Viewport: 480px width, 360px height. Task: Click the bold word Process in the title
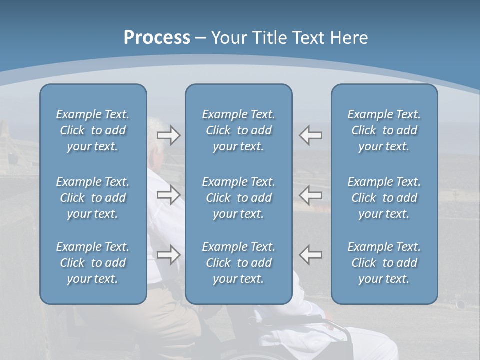(x=157, y=38)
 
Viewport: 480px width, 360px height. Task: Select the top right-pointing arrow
(x=169, y=135)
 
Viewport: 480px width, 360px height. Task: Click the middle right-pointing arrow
(x=169, y=195)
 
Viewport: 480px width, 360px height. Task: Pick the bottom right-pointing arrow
(x=169, y=254)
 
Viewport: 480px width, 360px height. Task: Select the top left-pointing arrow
(x=311, y=135)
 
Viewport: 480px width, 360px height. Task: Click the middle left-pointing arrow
(x=311, y=195)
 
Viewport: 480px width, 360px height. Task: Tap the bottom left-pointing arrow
(x=311, y=254)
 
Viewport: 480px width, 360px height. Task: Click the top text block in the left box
(x=93, y=130)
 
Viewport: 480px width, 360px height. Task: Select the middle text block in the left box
(x=93, y=198)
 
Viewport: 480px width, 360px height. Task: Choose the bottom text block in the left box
(x=93, y=263)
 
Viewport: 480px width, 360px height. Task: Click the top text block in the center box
(x=238, y=130)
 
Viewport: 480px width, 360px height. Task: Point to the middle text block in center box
(x=238, y=198)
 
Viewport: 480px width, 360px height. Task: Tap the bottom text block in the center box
(x=238, y=263)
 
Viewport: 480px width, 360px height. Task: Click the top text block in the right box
(x=384, y=130)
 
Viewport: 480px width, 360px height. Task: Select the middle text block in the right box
(x=384, y=198)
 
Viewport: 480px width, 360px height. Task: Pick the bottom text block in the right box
(x=384, y=263)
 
